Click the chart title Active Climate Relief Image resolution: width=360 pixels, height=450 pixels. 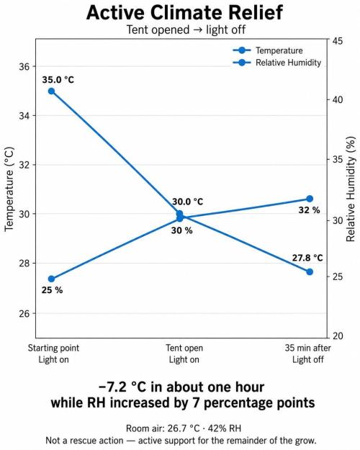coord(184,13)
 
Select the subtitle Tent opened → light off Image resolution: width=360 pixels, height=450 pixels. coord(186,30)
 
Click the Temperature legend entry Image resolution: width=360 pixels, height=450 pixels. coord(268,50)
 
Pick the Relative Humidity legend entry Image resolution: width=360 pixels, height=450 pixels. coord(277,63)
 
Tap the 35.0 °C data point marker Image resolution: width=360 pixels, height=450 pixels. coord(51,91)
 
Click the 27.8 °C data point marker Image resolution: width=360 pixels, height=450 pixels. coord(310,271)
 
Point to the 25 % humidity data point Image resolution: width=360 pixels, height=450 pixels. coord(51,279)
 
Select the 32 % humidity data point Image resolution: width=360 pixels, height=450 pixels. coord(310,199)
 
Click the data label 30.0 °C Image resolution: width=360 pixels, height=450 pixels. coord(187,202)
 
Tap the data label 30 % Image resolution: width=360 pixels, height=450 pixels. coord(181,230)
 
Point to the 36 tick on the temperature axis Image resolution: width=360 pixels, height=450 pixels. coord(24,66)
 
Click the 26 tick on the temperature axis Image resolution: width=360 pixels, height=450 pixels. coord(24,313)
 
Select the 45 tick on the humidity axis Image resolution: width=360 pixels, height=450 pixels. coord(338,41)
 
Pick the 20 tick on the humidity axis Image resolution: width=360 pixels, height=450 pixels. coord(338,336)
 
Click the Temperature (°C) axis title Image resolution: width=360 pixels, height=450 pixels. coord(9,189)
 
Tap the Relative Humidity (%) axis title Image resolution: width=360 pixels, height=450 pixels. coord(351,189)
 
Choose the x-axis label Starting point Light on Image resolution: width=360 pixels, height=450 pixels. coord(54,354)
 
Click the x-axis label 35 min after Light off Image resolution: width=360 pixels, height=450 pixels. coord(307,354)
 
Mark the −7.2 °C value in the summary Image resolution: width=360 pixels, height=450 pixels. coord(122,387)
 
